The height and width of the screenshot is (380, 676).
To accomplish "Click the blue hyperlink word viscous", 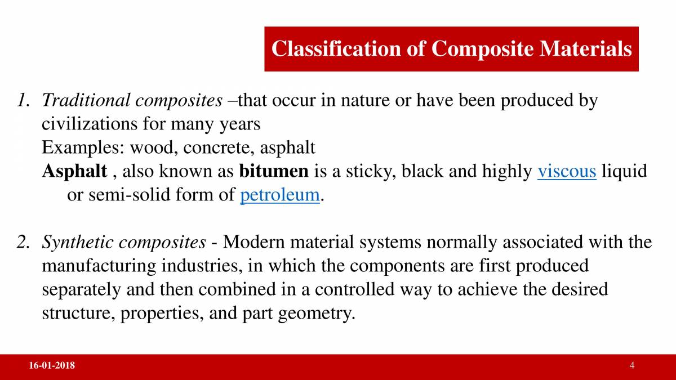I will click(567, 171).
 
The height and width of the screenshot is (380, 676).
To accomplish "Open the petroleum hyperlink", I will click(280, 195).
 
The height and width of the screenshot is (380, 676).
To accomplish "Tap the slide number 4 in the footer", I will click(632, 366).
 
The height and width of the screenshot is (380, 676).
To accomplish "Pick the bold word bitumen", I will click(274, 171).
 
